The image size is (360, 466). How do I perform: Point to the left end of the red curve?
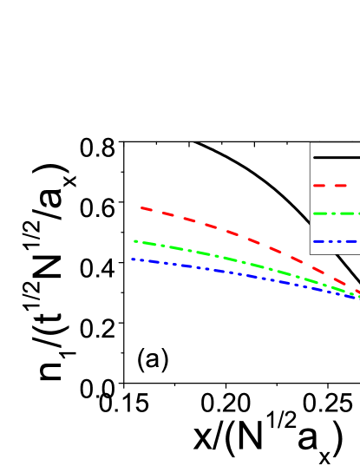pos(141,207)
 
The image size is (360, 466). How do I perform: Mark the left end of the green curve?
pos(135,240)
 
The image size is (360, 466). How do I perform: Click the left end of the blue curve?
pos(133,259)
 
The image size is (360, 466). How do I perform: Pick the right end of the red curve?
pos(357,292)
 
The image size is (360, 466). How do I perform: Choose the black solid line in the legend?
pos(336,157)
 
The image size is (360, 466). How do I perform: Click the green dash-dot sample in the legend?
pos(336,213)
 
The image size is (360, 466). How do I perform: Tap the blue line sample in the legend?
pos(336,241)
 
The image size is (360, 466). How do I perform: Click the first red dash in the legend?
pos(319,185)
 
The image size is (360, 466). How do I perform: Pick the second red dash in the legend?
pos(340,185)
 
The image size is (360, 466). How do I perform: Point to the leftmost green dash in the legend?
pos(320,213)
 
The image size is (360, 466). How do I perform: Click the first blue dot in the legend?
pos(331,241)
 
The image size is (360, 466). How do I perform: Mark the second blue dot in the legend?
pos(336,241)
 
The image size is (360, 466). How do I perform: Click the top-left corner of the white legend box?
pos(311,143)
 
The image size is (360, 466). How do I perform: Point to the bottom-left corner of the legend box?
pos(311,253)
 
